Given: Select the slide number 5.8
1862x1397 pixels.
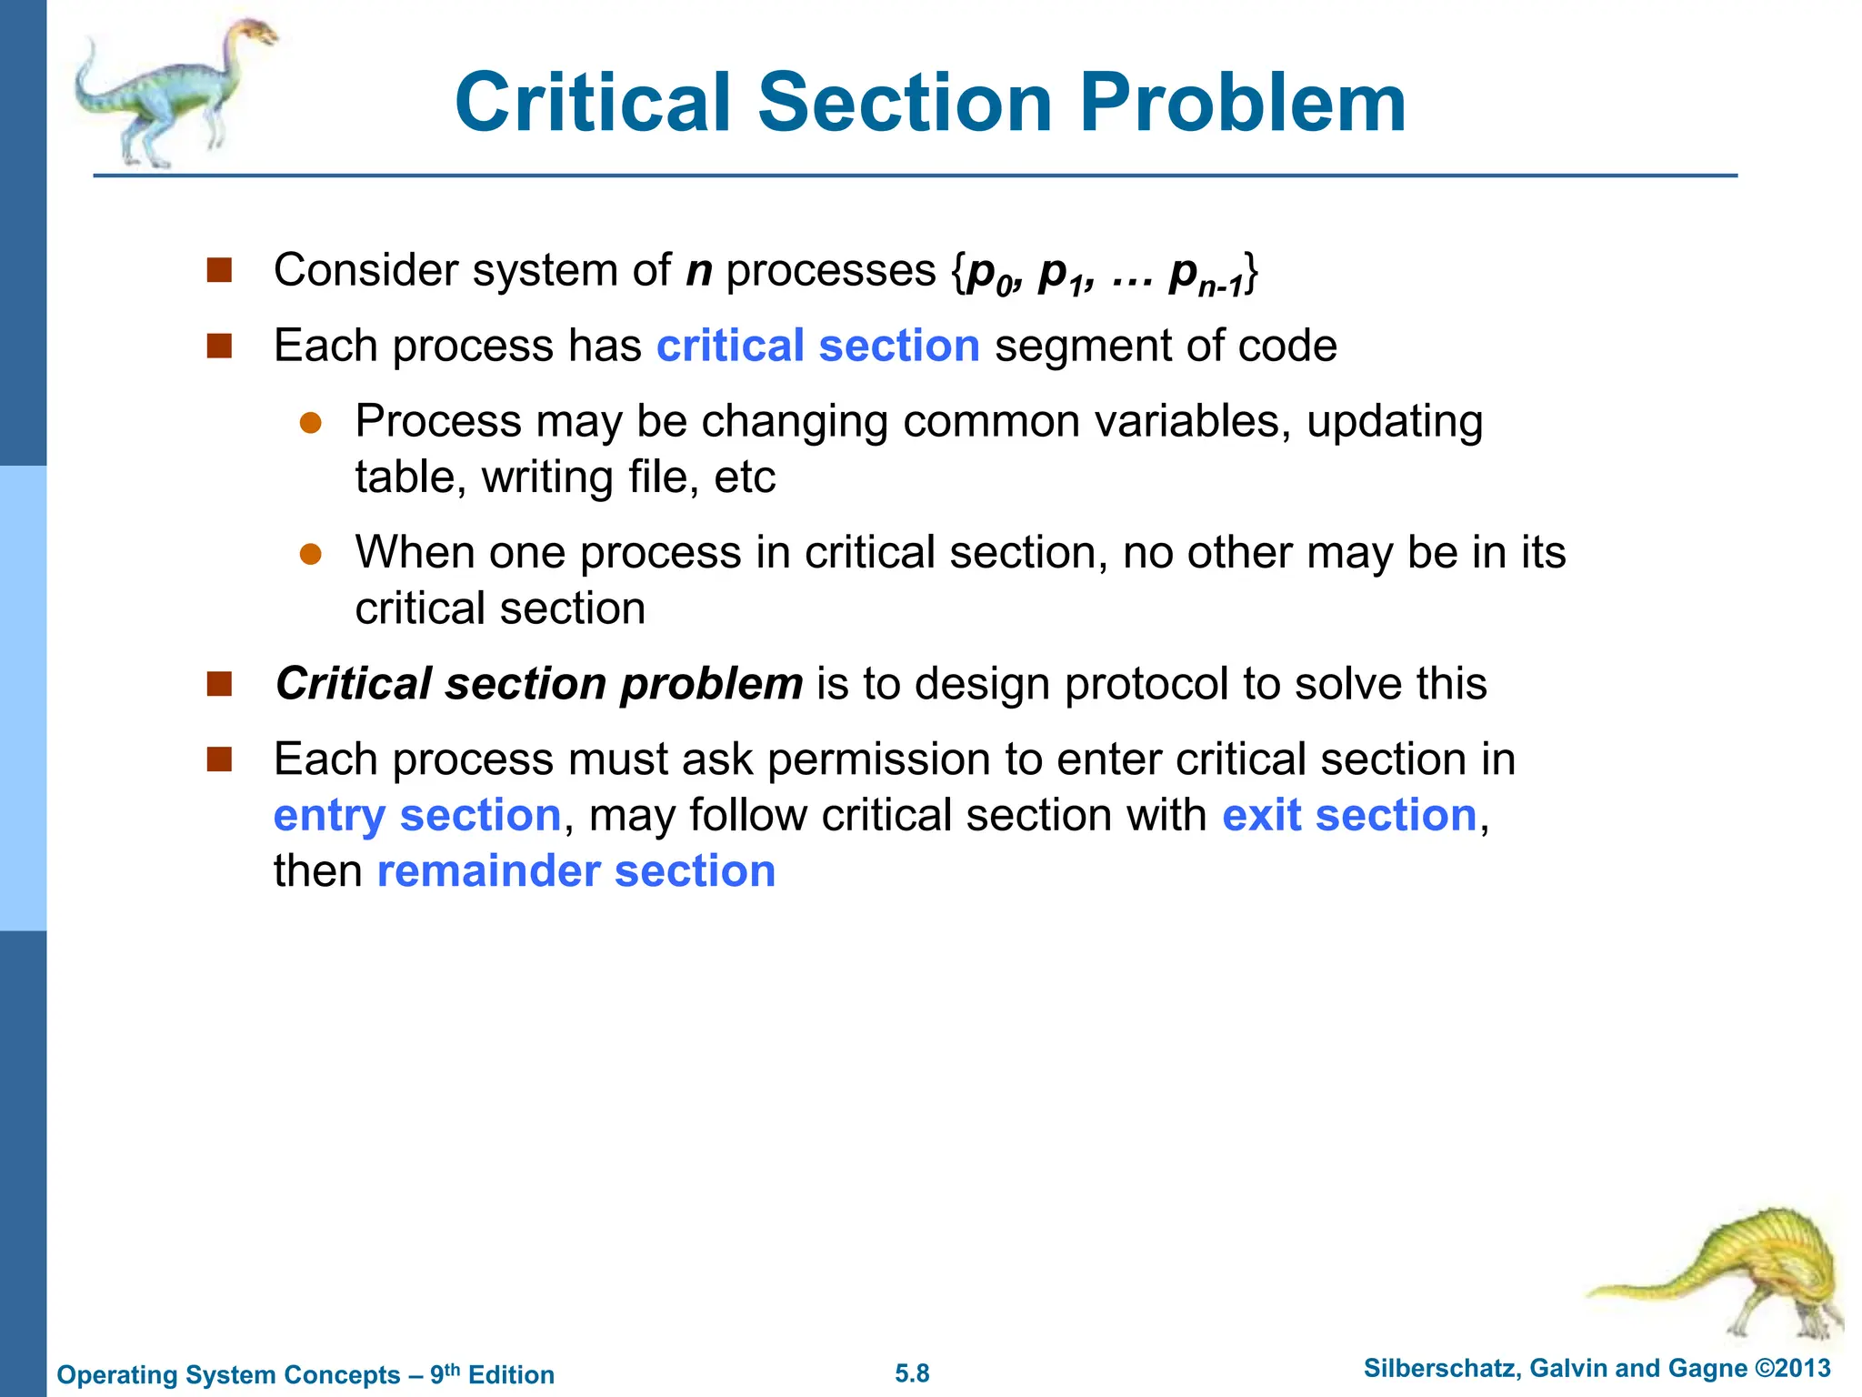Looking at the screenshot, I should coord(912,1373).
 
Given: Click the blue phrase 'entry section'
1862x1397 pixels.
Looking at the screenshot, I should coord(417,816).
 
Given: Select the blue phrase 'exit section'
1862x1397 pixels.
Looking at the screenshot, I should coord(1349,816).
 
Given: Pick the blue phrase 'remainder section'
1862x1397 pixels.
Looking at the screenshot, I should coord(576,871).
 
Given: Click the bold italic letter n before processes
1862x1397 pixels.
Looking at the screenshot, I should coord(699,271).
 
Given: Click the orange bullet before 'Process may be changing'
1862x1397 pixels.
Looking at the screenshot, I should coord(311,423).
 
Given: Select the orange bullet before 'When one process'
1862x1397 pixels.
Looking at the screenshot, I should coord(311,554).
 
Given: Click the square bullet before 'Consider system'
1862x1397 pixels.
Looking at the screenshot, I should coord(219,270).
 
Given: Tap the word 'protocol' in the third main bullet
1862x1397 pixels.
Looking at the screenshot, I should coord(1146,684).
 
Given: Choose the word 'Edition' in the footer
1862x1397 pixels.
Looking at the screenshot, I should coord(511,1374).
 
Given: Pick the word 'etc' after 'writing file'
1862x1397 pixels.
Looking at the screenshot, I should coord(745,477).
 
